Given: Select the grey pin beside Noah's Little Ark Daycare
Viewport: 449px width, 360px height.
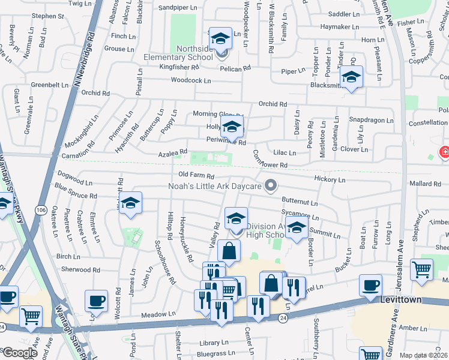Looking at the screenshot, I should click(271, 185).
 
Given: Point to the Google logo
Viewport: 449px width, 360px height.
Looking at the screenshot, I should click(20, 353).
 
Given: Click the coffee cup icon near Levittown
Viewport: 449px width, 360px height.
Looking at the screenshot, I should click(370, 285).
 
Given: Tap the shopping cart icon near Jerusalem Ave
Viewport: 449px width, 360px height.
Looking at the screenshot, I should click(422, 269).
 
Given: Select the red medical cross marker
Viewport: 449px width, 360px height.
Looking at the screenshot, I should click(445, 152).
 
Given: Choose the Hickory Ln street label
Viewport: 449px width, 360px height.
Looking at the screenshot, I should click(330, 179).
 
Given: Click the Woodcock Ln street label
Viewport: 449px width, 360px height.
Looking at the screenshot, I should click(191, 80).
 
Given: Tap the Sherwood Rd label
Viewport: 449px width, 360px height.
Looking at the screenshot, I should click(80, 270).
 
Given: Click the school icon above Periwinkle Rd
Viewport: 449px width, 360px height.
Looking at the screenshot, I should click(231, 127).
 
